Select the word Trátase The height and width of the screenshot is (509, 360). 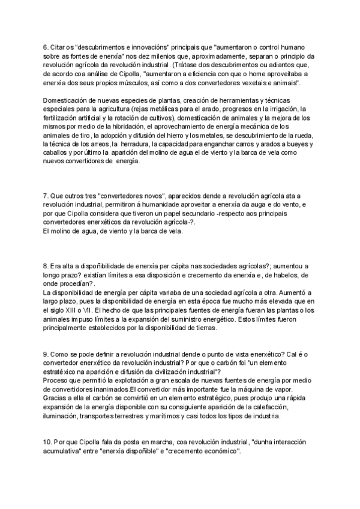(x=187, y=65)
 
